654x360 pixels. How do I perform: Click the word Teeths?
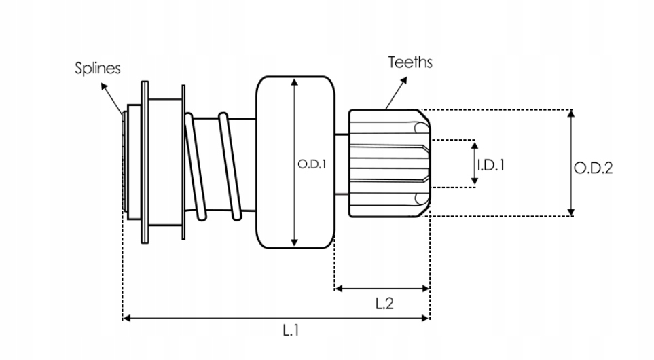coord(410,62)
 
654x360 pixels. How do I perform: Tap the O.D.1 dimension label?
coord(313,164)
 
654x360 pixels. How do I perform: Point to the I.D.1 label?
coord(490,164)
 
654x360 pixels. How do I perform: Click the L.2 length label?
coord(384,304)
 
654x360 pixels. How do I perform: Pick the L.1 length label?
coord(291,331)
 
